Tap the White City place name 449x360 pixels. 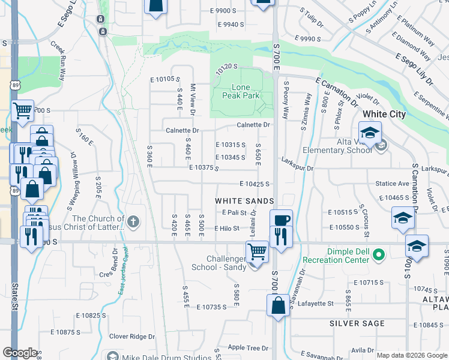[384, 114]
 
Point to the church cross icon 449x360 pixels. [133, 223]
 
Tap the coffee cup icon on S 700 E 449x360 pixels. [280, 219]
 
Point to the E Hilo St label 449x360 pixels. [226, 229]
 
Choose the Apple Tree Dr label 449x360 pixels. [247, 347]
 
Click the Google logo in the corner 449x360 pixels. [20, 353]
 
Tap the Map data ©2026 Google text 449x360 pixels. [412, 355]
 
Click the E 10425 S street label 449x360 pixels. [254, 184]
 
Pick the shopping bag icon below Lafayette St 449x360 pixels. [279, 305]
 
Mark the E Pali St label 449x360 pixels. [234, 213]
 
